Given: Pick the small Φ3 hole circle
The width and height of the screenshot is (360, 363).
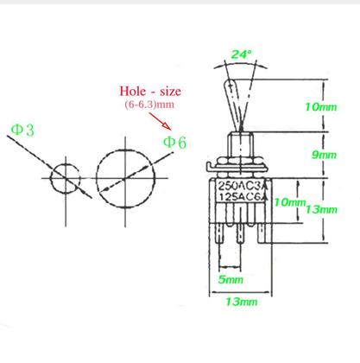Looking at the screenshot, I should click(62, 180).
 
